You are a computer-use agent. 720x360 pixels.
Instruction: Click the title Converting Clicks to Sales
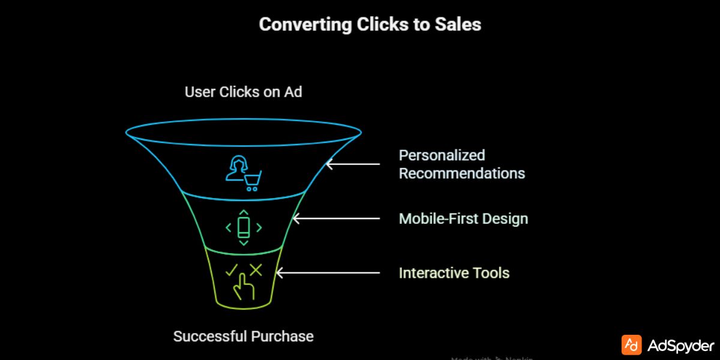tap(370, 25)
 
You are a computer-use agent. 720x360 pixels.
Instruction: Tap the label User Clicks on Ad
tap(244, 92)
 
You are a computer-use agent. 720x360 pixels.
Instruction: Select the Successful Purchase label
tap(244, 336)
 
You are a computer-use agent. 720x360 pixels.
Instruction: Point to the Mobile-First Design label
tap(463, 218)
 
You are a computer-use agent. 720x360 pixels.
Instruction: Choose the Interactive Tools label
tap(454, 273)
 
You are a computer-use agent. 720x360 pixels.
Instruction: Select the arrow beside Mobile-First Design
tap(336, 218)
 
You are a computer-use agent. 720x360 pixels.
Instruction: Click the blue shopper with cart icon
tap(243, 173)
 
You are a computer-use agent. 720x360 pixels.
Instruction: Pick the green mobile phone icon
tap(244, 227)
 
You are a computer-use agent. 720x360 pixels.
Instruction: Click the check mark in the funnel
tap(232, 271)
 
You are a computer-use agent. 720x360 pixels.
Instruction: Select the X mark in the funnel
tap(256, 270)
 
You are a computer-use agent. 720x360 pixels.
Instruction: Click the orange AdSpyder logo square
tap(631, 345)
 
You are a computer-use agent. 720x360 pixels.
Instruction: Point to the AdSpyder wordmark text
tap(681, 346)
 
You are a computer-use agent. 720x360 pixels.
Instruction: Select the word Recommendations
tap(462, 173)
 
